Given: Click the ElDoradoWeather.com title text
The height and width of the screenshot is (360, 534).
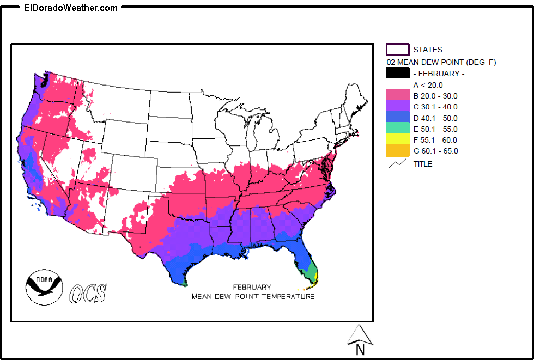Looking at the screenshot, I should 71,8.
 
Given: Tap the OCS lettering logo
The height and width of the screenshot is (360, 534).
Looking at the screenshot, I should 88,293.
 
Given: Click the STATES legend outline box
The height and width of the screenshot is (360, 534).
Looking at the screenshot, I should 397,50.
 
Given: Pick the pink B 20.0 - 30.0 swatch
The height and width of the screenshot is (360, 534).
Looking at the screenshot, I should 397,96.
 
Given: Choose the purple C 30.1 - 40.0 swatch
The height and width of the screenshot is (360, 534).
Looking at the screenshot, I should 397,107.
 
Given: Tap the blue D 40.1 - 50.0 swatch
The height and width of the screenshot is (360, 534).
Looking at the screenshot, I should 397,118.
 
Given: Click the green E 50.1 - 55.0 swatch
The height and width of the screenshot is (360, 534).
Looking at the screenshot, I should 397,129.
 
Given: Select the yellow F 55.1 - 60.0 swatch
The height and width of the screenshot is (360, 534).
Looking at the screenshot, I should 397,140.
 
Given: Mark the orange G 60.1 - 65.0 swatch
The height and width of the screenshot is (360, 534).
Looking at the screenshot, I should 397,151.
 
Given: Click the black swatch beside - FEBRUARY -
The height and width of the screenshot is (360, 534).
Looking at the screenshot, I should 397,74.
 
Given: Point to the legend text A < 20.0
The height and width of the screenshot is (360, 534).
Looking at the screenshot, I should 428,85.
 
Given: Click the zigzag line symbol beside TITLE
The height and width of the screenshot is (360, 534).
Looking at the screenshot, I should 397,163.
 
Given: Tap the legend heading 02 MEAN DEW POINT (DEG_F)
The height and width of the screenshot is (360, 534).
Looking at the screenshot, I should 441,62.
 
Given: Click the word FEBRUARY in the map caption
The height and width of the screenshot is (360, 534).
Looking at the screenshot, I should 252,287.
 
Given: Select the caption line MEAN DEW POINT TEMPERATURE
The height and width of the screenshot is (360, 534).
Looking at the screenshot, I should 253,297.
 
